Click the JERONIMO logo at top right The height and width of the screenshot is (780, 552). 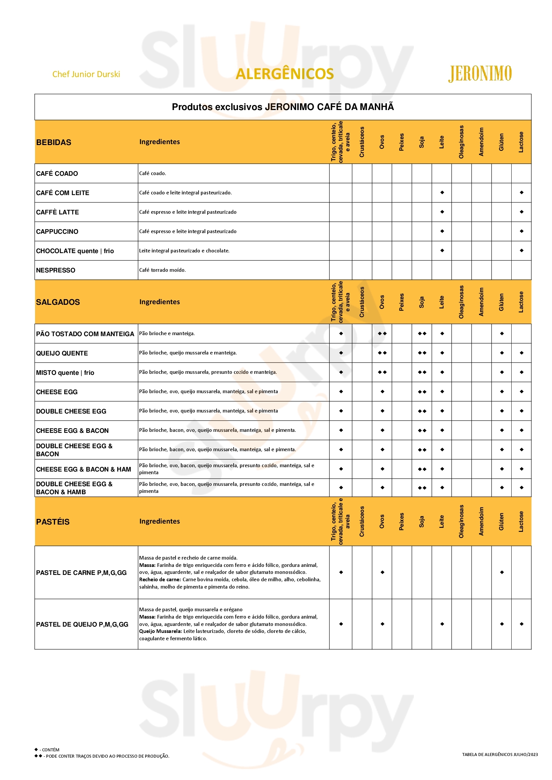pyautogui.click(x=480, y=74)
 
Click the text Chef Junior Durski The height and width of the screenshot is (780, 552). pyautogui.click(x=86, y=74)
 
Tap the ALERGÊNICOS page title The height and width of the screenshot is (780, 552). pyautogui.click(x=284, y=74)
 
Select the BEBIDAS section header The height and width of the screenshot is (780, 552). pyautogui.click(x=54, y=142)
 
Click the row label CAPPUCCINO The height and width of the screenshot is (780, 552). pyautogui.click(x=57, y=232)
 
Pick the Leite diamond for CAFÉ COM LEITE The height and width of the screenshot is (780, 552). pyautogui.click(x=442, y=193)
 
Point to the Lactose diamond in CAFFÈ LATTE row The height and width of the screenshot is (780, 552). pyautogui.click(x=521, y=212)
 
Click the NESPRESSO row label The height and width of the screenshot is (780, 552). pyautogui.click(x=56, y=270)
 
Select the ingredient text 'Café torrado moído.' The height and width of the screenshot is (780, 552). pyautogui.click(x=162, y=270)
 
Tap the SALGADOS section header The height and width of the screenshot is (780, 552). pyautogui.click(x=58, y=302)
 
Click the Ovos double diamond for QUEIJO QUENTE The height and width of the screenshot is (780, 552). pyautogui.click(x=382, y=353)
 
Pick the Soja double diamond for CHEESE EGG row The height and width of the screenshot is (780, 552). pyautogui.click(x=422, y=392)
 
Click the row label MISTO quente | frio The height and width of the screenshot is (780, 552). pyautogui.click(x=65, y=373)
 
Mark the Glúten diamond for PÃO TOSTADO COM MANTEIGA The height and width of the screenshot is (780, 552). pyautogui.click(x=502, y=333)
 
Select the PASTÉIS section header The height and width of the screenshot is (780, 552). pyautogui.click(x=53, y=522)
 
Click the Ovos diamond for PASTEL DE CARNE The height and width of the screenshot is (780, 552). pyautogui.click(x=382, y=573)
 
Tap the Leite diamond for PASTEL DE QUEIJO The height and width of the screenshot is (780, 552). pyautogui.click(x=442, y=624)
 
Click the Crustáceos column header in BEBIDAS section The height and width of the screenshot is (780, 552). pyautogui.click(x=362, y=142)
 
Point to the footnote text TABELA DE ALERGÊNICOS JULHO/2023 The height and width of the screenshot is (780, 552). pyautogui.click(x=500, y=755)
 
